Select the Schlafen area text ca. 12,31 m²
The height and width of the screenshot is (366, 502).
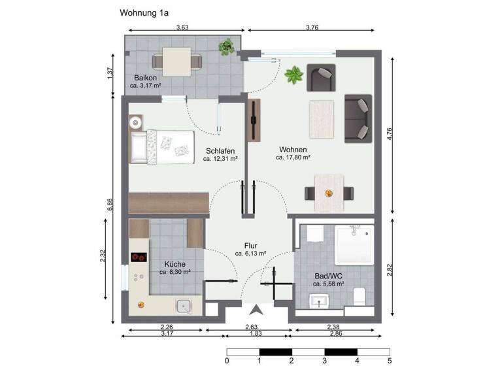click(x=219, y=159)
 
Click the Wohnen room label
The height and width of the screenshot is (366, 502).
click(x=292, y=149)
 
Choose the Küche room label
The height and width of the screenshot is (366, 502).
click(x=175, y=263)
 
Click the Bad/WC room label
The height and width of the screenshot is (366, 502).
click(x=328, y=276)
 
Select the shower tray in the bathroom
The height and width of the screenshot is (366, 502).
click(x=353, y=244)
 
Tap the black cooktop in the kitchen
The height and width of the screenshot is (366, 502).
click(x=138, y=258)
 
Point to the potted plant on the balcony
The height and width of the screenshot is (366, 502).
click(x=227, y=46)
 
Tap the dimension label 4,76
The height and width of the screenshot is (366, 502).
click(x=390, y=134)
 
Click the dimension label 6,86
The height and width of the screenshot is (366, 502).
click(x=111, y=204)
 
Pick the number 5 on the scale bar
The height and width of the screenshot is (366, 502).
click(x=390, y=359)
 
